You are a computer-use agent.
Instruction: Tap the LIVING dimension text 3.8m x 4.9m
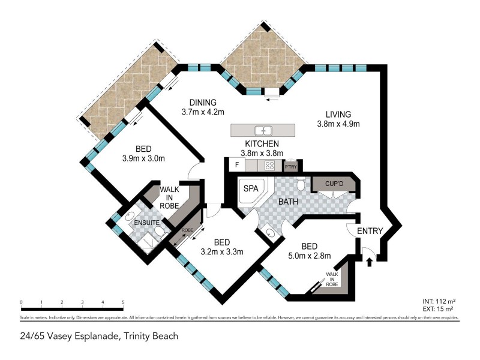pos(338,124)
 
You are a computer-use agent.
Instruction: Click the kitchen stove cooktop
pos(270,166)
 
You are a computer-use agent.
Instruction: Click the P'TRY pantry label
pos(291,167)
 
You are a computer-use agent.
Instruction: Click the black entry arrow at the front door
pos(370,260)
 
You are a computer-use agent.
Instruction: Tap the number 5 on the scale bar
pos(123,302)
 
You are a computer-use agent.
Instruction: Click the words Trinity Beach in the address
pos(150,336)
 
